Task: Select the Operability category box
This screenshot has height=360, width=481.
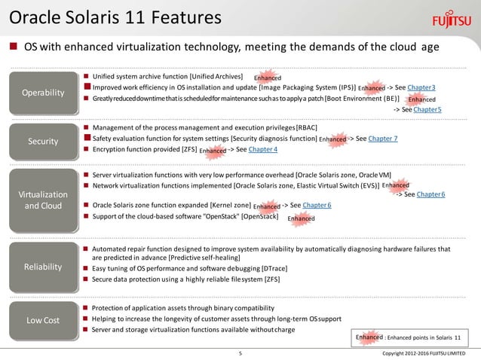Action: pos(43,93)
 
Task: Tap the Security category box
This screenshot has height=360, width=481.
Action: pos(43,140)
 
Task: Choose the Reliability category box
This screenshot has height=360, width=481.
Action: pos(43,267)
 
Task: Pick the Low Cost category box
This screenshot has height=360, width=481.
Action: pos(43,320)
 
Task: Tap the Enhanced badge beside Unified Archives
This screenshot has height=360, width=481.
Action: pos(267,78)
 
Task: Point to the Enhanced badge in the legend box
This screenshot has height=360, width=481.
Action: pos(369,339)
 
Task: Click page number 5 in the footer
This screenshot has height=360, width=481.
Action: pos(240,353)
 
